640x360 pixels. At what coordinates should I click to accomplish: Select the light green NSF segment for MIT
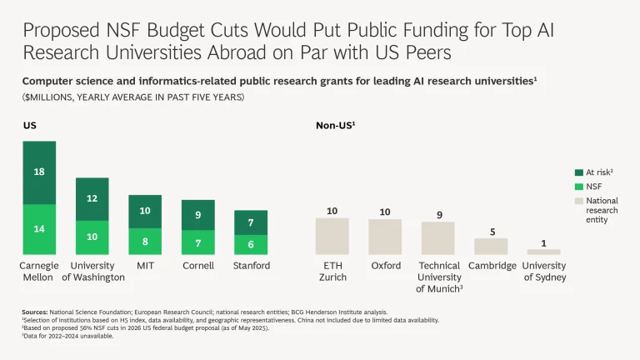[145, 242]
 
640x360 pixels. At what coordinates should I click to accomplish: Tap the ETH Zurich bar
[332, 236]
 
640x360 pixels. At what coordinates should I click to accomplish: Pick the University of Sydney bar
[543, 252]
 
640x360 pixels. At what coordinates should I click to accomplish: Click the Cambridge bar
[491, 246]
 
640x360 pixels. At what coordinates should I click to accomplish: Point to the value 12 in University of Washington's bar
[92, 198]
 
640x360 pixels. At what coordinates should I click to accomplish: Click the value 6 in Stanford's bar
[251, 244]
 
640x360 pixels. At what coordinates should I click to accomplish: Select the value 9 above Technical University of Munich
[438, 215]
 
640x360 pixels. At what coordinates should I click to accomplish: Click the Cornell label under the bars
[197, 266]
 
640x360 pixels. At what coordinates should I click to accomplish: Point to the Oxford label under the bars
[385, 266]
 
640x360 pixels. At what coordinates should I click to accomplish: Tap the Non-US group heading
[335, 125]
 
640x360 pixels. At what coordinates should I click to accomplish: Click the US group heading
[29, 125]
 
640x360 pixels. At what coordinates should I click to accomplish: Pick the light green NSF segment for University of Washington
[92, 237]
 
